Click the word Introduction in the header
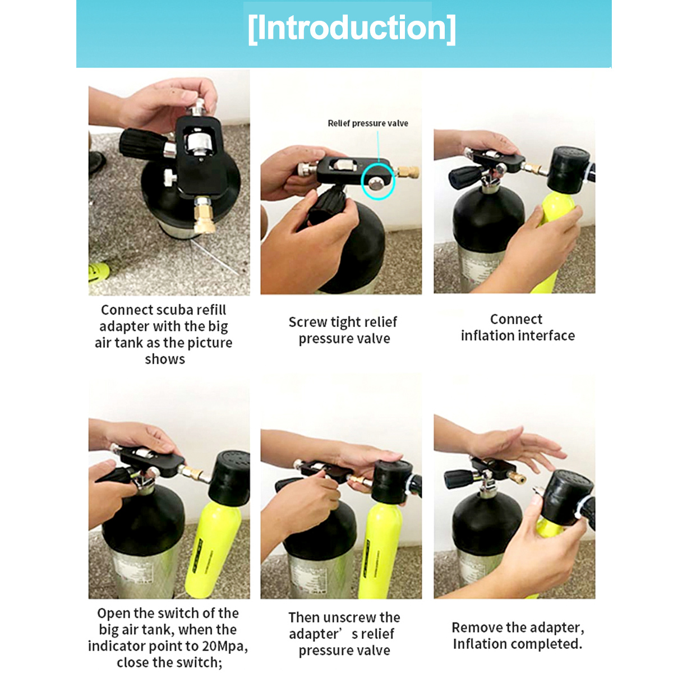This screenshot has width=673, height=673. point(352,28)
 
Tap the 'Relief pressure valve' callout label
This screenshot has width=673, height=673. point(368,123)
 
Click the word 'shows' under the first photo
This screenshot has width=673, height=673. point(165,359)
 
